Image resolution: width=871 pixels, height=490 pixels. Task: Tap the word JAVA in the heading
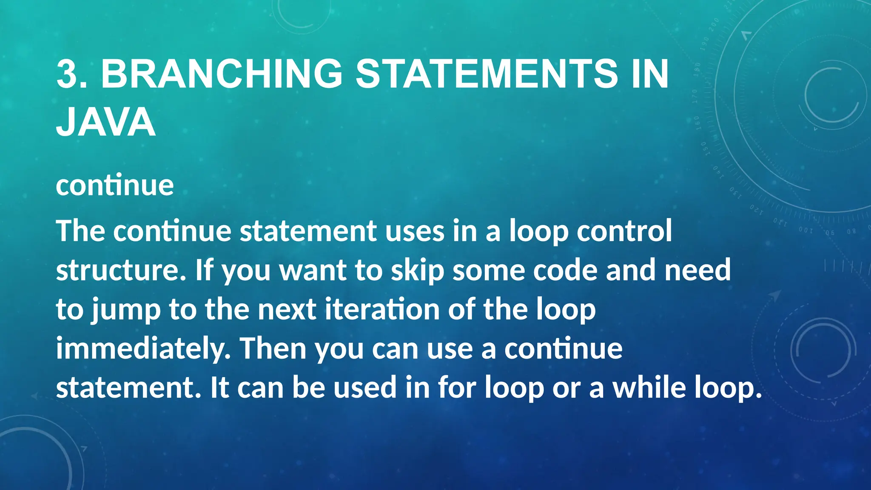tap(105, 122)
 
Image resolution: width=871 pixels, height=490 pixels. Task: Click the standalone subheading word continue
tap(115, 185)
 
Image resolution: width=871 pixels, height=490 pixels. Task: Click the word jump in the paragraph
tap(126, 310)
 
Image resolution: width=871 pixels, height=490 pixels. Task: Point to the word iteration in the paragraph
tap(382, 310)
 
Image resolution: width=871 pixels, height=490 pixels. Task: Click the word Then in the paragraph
tap(273, 349)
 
